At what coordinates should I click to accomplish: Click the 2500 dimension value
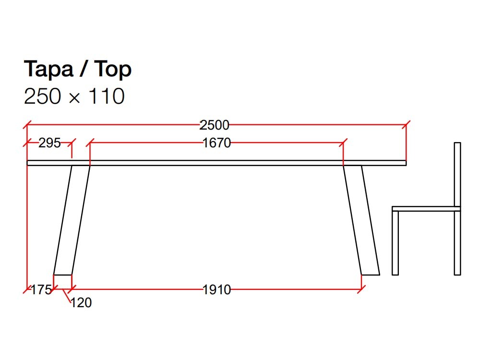pyautogui.click(x=215, y=125)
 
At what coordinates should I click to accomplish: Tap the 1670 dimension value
pyautogui.click(x=216, y=143)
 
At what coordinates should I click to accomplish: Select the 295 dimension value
pyautogui.click(x=49, y=143)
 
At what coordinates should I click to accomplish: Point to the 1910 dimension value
pyautogui.click(x=216, y=290)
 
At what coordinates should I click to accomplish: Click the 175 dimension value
pyautogui.click(x=41, y=290)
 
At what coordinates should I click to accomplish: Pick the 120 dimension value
pyautogui.click(x=81, y=303)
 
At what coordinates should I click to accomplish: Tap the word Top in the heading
pyautogui.click(x=112, y=70)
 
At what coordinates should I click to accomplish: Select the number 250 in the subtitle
pyautogui.click(x=43, y=96)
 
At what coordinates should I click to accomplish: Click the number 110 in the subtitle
pyautogui.click(x=107, y=96)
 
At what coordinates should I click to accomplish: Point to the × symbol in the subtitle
pyautogui.click(x=74, y=98)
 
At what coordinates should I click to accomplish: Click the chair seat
pyautogui.click(x=426, y=209)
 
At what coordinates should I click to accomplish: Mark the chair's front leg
pyautogui.click(x=395, y=242)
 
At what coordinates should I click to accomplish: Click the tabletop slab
pyautogui.click(x=216, y=163)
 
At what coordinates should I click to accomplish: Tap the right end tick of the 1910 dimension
pyautogui.click(x=361, y=289)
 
